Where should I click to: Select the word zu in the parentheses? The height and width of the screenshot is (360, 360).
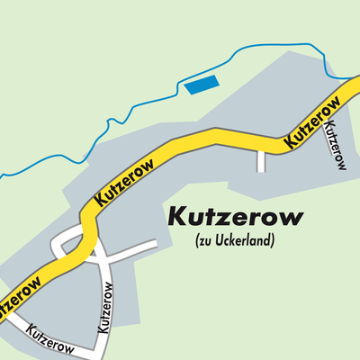point(204,241)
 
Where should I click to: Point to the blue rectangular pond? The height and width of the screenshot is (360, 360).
point(202,85)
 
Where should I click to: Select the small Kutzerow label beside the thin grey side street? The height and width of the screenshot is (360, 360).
point(337,144)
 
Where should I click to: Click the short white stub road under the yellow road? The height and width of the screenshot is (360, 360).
point(261,159)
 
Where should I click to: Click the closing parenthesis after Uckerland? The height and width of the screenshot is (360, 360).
point(272,241)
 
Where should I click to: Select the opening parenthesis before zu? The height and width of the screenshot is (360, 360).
point(196,241)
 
